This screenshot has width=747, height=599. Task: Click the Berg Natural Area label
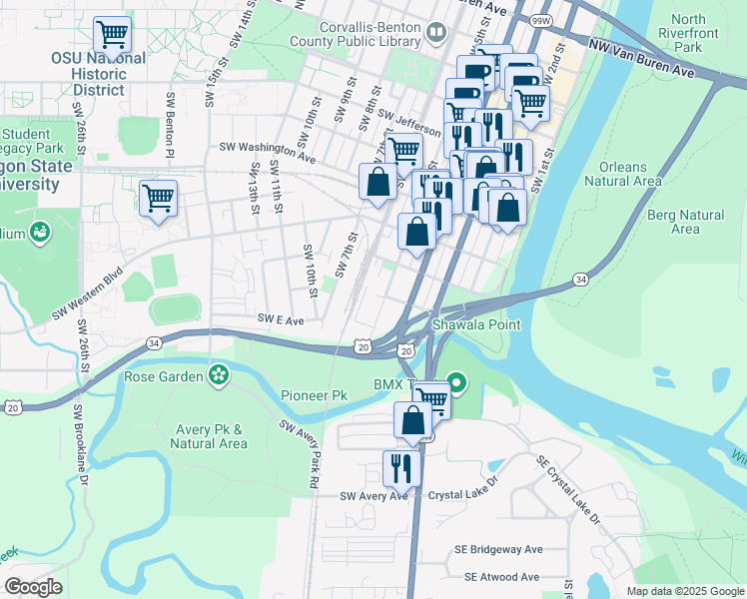(x=685, y=222)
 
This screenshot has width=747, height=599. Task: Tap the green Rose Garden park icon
(x=218, y=376)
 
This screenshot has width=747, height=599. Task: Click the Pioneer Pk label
(x=314, y=395)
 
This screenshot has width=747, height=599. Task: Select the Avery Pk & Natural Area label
(x=211, y=437)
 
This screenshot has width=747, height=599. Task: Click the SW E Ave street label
(x=281, y=320)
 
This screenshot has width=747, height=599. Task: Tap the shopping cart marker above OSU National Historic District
(x=113, y=35)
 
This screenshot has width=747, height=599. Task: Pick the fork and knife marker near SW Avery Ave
(x=401, y=467)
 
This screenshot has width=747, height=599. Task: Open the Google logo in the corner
(x=33, y=587)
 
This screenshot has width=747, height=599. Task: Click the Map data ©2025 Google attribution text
(x=684, y=591)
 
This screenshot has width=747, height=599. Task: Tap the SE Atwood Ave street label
(x=501, y=577)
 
